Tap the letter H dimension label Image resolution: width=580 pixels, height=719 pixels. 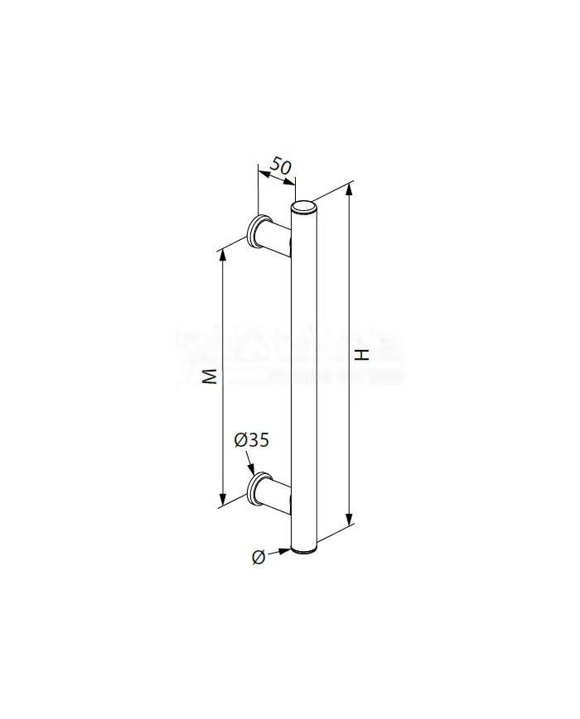pyautogui.click(x=361, y=356)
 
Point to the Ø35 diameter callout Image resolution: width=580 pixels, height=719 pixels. pyautogui.click(x=251, y=441)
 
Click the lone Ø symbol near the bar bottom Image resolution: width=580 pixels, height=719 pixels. pyautogui.click(x=258, y=558)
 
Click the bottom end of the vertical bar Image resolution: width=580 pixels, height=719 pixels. pyautogui.click(x=306, y=547)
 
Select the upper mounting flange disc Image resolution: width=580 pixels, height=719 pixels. pyautogui.click(x=258, y=231)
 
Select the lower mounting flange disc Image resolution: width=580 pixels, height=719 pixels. pyautogui.click(x=258, y=487)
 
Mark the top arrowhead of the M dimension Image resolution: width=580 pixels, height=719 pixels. pyautogui.click(x=222, y=253)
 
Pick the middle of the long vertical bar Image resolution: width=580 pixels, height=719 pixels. pyautogui.click(x=305, y=376)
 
